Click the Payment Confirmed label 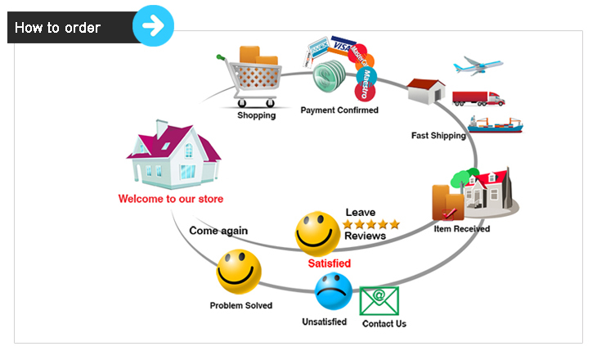coord(339,110)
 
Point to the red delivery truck coord(478,98)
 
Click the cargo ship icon coord(495,124)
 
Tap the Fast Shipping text coord(438,136)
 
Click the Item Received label coord(462,229)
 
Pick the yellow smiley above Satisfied coord(317,232)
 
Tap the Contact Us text coord(384,324)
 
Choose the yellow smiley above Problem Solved coord(239,272)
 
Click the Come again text coord(218,231)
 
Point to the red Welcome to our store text coord(170,199)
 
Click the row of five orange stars coord(371,224)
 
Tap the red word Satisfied coord(329,263)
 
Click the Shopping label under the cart coord(257,115)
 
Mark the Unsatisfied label coord(325,322)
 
